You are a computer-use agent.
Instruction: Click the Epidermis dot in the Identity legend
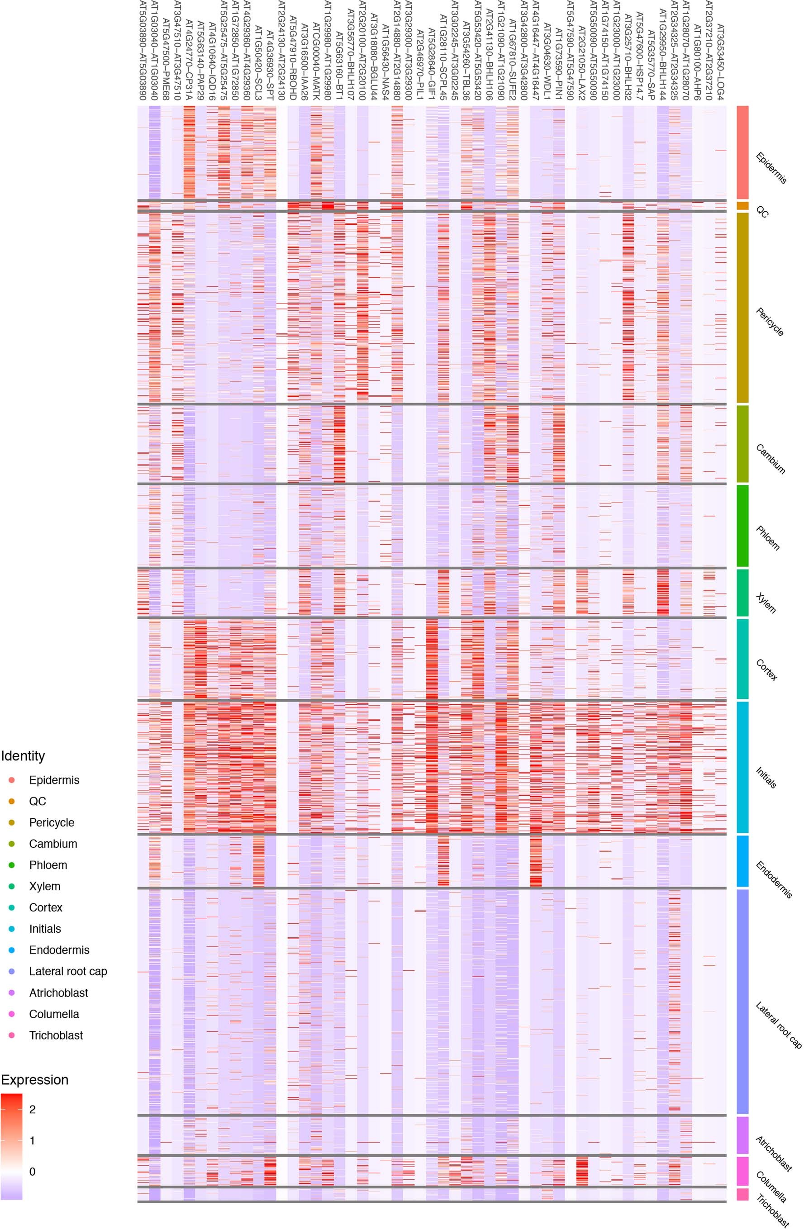pos(12,780)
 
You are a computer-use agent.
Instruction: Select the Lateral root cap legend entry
pos(68,972)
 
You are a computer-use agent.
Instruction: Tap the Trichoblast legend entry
pos(56,1035)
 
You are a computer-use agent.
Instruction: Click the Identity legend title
pos(23,756)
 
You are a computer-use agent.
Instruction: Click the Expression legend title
pos(34,1080)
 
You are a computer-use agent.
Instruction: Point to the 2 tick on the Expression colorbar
pos(32,1110)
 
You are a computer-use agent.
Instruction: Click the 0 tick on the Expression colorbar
pos(32,1172)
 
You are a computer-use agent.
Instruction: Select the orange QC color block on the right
pos(742,205)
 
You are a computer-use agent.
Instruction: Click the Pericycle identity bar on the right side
pos(742,307)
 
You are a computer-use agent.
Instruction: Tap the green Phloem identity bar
pos(742,525)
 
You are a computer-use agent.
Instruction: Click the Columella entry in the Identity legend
pos(54,1014)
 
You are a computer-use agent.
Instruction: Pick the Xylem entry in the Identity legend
pos(44,887)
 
